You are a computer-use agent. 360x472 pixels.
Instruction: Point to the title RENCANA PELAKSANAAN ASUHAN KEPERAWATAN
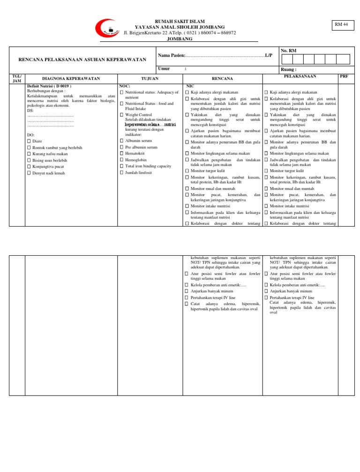(x=82, y=60)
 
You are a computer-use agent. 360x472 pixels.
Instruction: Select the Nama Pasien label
(x=172, y=56)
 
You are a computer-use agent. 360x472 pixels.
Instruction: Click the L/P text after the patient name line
(x=268, y=56)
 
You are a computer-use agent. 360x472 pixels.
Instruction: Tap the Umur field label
(x=164, y=69)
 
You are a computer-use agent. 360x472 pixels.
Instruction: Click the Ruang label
(x=288, y=69)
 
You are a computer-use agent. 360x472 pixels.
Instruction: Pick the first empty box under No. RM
(x=286, y=59)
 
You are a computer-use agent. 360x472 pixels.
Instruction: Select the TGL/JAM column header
(x=17, y=78)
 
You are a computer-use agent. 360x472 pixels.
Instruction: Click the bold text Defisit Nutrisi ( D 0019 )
(x=49, y=86)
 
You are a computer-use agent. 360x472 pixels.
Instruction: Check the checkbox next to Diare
(x=29, y=141)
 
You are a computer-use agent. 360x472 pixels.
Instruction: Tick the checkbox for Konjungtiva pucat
(x=29, y=167)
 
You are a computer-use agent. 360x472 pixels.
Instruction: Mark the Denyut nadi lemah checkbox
(x=29, y=173)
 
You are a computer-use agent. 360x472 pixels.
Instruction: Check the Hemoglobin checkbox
(x=122, y=160)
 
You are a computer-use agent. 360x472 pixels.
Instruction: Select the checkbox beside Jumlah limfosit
(x=122, y=173)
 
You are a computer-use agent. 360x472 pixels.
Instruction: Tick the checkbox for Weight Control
(x=122, y=114)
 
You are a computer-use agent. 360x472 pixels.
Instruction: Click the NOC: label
(x=124, y=86)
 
